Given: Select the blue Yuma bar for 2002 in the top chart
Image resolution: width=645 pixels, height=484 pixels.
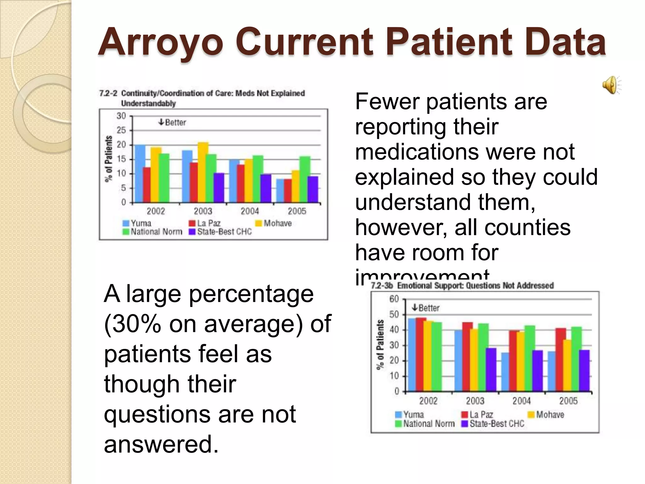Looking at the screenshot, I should pyautogui.click(x=140, y=173).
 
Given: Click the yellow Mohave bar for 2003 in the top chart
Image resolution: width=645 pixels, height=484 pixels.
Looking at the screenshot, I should pyautogui.click(x=203, y=172).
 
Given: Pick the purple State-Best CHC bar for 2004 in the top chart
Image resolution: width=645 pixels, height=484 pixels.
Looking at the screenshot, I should pyautogui.click(x=266, y=188).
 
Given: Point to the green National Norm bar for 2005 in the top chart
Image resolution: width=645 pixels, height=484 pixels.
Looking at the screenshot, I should pyautogui.click(x=305, y=179).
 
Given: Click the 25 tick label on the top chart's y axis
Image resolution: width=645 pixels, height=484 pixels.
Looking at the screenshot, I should pyautogui.click(x=121, y=130).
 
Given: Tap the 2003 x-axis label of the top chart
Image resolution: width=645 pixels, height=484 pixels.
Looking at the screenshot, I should pyautogui.click(x=203, y=211).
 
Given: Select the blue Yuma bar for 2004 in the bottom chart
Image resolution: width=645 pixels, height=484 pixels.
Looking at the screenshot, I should pyautogui.click(x=505, y=372).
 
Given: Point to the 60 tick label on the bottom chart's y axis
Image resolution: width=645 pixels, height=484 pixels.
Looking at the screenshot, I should pyautogui.click(x=394, y=299).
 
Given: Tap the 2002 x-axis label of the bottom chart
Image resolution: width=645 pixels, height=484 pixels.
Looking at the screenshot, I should pyautogui.click(x=428, y=401).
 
